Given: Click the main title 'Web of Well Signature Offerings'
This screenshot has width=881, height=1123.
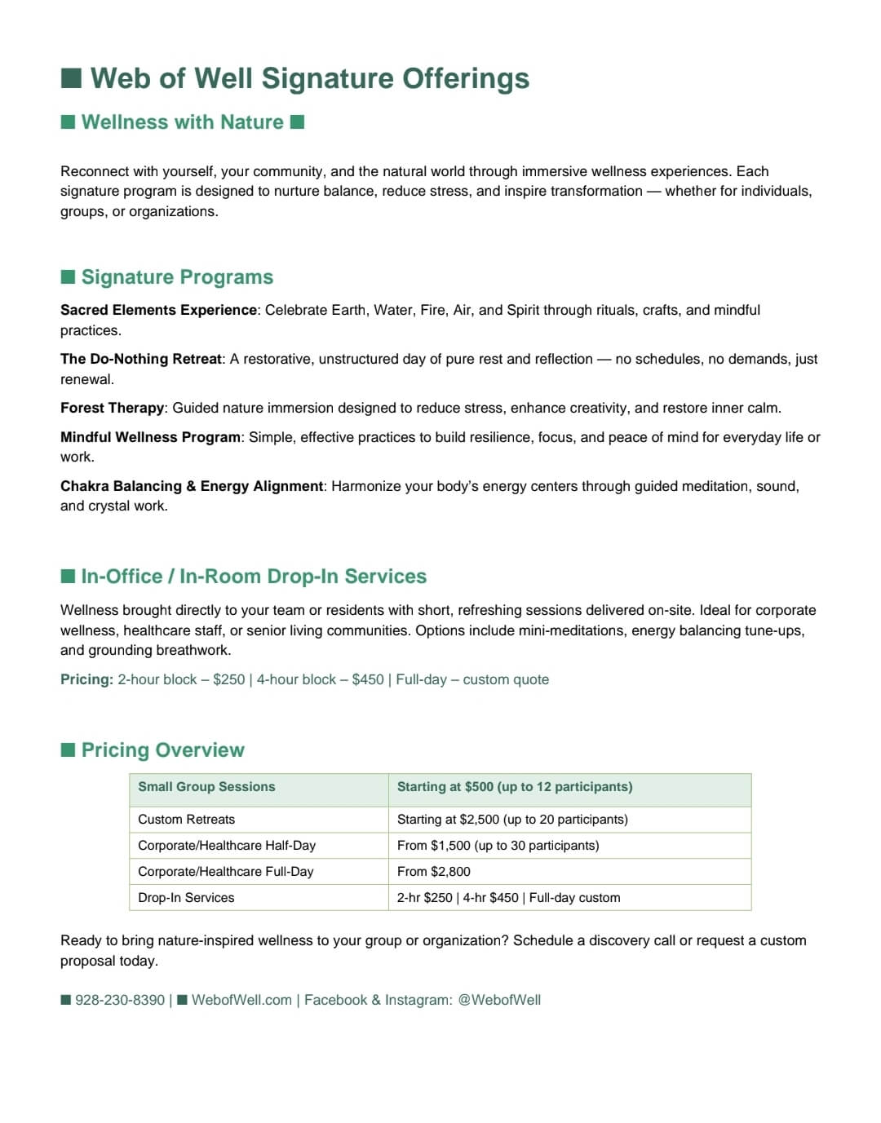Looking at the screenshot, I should point(309,78).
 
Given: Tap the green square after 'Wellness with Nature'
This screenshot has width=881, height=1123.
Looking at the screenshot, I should point(298,122).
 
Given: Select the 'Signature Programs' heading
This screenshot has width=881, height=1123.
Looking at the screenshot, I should point(177,277).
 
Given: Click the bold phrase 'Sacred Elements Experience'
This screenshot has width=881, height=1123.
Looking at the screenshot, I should point(158,310).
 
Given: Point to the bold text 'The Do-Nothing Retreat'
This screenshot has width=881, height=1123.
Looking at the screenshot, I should point(141,359).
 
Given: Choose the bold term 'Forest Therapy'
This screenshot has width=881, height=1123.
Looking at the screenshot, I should point(113,408).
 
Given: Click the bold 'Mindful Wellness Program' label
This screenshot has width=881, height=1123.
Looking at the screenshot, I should point(151,437).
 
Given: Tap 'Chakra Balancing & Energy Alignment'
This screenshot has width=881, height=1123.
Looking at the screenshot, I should point(192,486).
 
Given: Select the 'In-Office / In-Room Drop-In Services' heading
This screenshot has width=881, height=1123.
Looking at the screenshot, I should point(254,577).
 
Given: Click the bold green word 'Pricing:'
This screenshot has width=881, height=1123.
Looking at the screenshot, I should point(86,679).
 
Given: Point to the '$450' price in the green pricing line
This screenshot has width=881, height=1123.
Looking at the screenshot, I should point(368,679).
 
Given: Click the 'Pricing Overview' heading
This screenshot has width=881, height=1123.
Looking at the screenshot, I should point(162,750).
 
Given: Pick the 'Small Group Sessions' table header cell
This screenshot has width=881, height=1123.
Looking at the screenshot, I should point(206,787).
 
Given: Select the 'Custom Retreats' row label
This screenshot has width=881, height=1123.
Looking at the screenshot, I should point(186,820).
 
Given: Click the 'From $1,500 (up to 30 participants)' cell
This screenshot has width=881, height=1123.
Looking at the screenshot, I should point(498,846).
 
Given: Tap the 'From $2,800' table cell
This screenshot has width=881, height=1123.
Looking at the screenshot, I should point(433,872).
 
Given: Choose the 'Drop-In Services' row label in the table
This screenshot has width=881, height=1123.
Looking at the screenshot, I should point(186,898).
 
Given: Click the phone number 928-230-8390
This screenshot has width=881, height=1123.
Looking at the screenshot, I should point(120,1000).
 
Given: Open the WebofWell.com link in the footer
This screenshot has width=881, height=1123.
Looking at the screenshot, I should point(241,1000).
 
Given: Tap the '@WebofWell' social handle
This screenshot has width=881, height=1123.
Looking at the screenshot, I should point(499,1000).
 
